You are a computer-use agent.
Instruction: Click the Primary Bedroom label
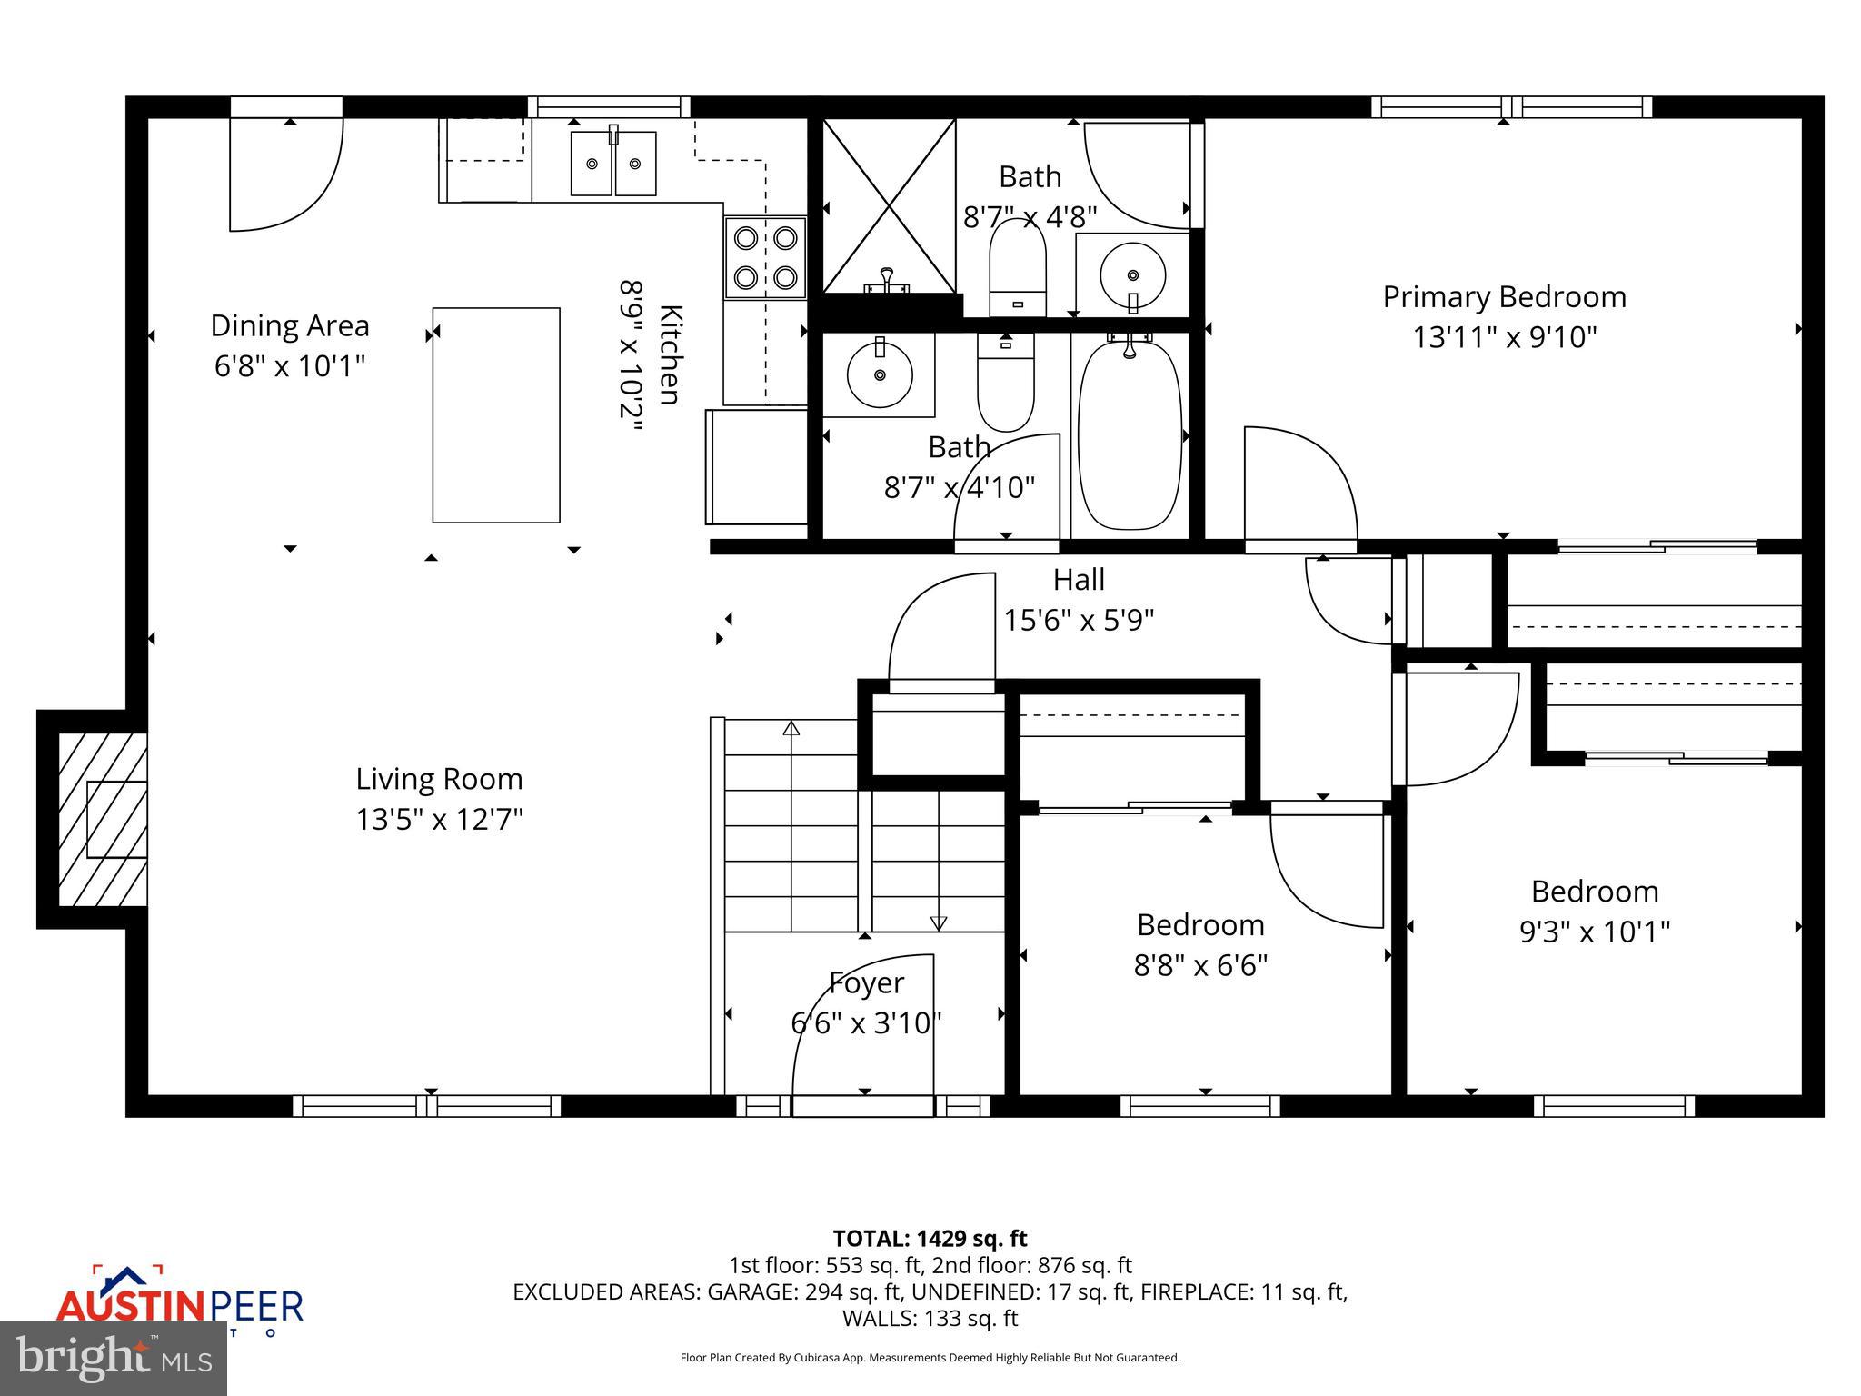[1504, 297]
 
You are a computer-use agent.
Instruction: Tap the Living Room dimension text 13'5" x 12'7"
[439, 820]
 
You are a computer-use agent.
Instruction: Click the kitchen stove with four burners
[765, 257]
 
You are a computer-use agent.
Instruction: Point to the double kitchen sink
[613, 164]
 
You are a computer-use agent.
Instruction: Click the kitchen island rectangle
[496, 415]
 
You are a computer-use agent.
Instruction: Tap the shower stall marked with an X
[889, 206]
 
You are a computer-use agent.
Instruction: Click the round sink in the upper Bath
[1132, 272]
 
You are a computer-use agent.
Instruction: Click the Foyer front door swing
[863, 1027]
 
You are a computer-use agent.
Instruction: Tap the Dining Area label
[290, 325]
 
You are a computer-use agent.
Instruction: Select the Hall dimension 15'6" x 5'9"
[1079, 620]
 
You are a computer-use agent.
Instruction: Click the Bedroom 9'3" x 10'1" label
[1595, 892]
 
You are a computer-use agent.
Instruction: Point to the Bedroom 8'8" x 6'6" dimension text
[1200, 964]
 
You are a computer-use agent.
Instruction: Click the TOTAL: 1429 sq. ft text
[930, 1239]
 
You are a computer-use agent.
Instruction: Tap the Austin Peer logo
[179, 1304]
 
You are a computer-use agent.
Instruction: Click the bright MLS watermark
[113, 1359]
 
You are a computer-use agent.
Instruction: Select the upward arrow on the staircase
[791, 729]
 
